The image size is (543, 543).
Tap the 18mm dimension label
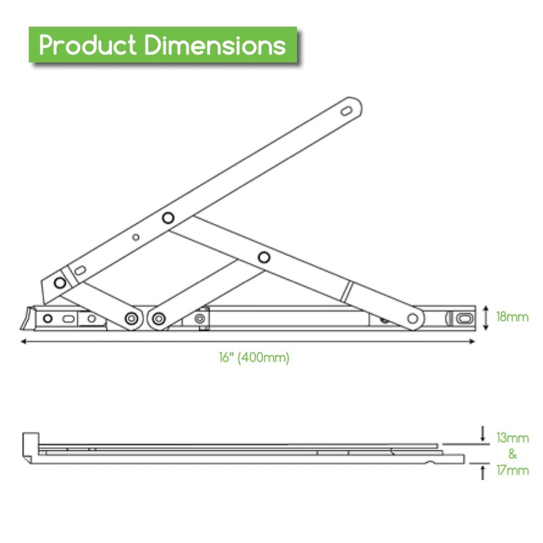pyautogui.click(x=512, y=317)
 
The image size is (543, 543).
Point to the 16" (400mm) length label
pyautogui.click(x=249, y=358)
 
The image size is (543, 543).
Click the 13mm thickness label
pyautogui.click(x=512, y=438)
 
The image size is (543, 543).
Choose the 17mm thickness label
pyautogui.click(x=512, y=470)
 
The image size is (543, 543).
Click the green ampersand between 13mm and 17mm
pyautogui.click(x=512, y=454)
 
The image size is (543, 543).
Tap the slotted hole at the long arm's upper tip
pyautogui.click(x=347, y=110)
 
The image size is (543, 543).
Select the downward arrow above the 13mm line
pyautogui.click(x=483, y=432)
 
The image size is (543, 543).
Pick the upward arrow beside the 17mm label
pyautogui.click(x=483, y=472)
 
